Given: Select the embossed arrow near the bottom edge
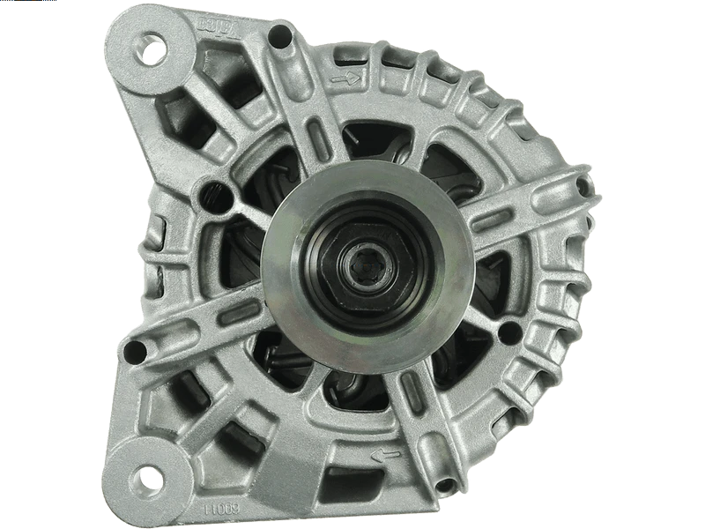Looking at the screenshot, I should (x=386, y=456).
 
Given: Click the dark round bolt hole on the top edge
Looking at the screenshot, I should (x=279, y=36).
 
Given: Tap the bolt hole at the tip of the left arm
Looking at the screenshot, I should (x=134, y=352).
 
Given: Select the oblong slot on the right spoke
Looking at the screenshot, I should (x=488, y=220).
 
